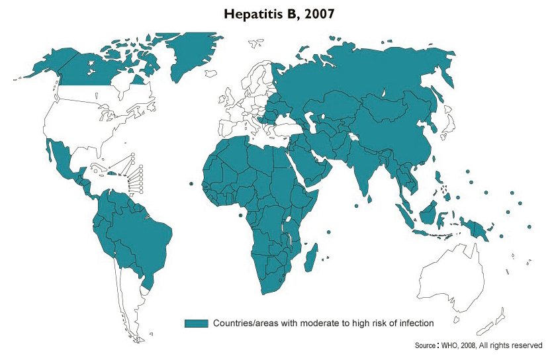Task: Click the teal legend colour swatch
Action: pyautogui.click(x=197, y=323)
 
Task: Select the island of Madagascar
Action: pyautogui.click(x=309, y=257)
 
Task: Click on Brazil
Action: pyautogui.click(x=139, y=228)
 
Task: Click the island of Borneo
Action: pyautogui.click(x=431, y=212)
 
